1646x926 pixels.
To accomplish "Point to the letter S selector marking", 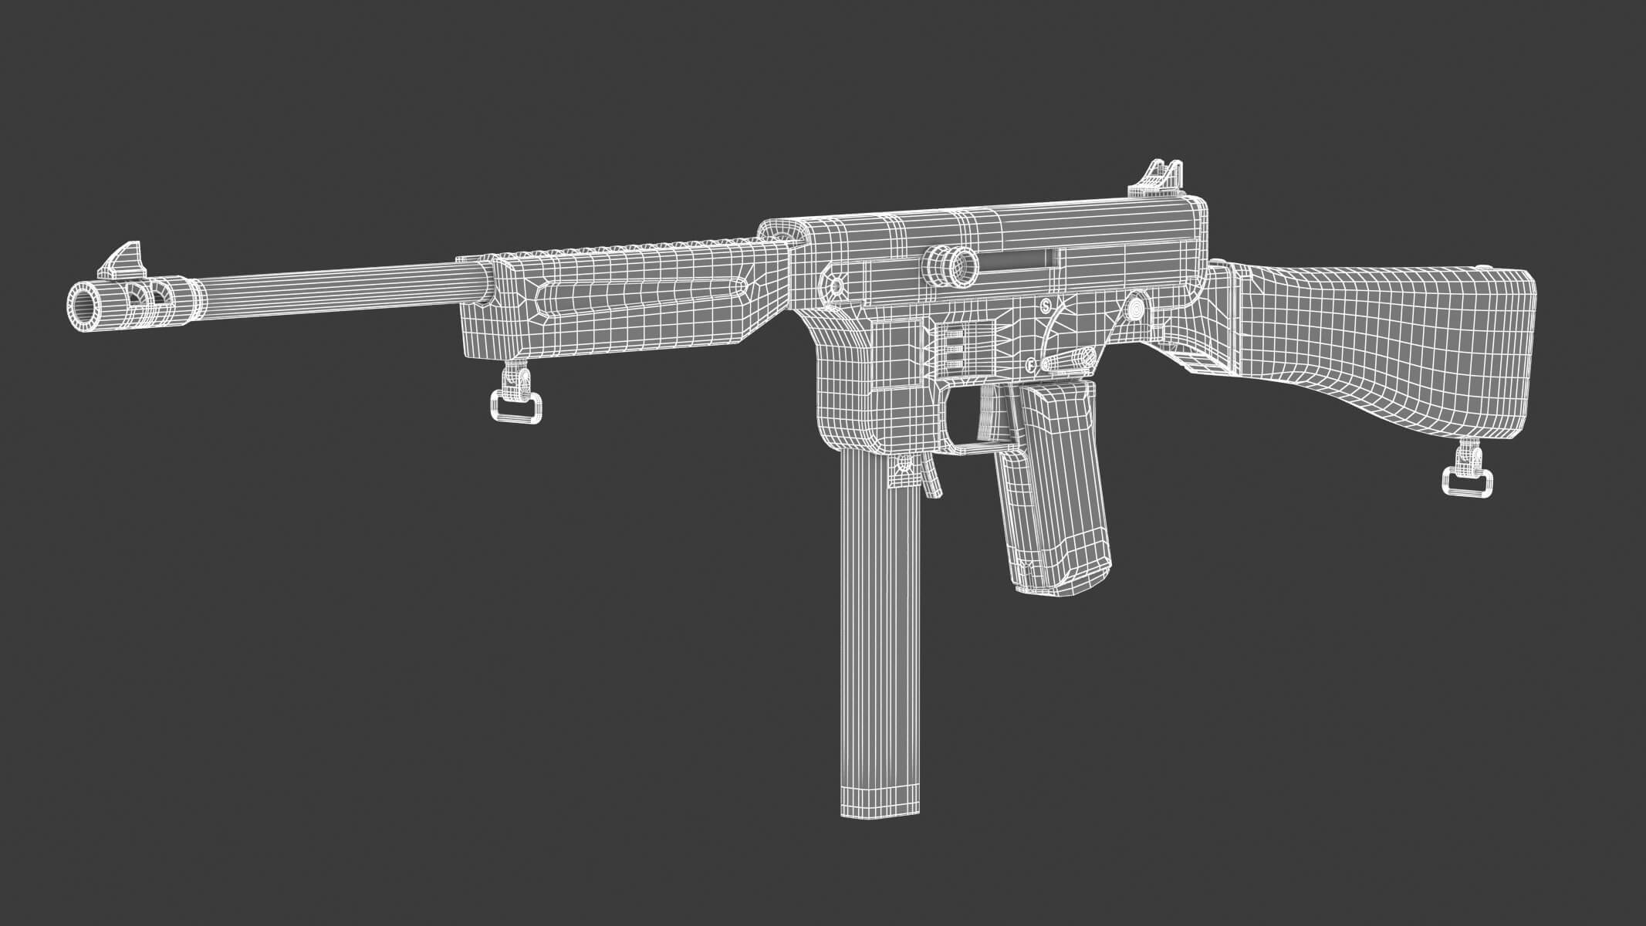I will point(1046,304).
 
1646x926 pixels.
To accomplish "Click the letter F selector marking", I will point(1032,364).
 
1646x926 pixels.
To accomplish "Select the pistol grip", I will point(1053,502).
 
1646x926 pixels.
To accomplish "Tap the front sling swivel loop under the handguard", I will point(515,405).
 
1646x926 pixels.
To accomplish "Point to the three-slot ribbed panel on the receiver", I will point(955,351).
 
